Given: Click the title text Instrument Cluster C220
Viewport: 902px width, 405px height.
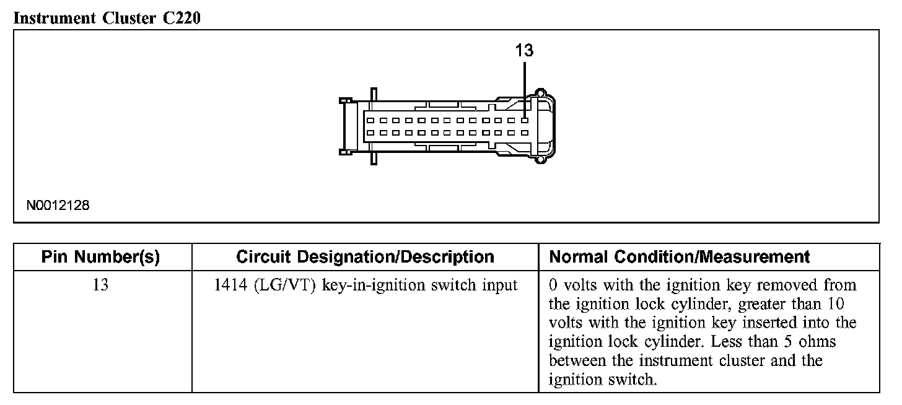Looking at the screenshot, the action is point(107,18).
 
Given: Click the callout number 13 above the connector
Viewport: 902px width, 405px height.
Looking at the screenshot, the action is point(524,51).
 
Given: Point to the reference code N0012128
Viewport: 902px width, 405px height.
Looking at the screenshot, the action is point(58,206).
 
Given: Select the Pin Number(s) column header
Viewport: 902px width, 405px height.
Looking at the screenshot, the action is point(102,257).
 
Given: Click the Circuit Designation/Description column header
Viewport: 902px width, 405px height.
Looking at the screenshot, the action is point(365,257).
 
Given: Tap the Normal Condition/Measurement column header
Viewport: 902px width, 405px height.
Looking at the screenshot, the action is point(680,257).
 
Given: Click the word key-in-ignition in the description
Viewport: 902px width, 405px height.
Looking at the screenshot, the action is point(362,285).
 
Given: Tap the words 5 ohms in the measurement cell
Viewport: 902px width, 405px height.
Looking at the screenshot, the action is point(805,341).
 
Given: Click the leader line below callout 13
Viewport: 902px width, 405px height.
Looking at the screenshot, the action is point(525,87).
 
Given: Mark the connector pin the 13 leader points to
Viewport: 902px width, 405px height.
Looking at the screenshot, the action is point(525,120).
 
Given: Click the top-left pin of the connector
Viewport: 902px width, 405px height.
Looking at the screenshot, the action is point(370,120).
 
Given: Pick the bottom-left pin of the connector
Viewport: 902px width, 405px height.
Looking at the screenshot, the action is point(370,133).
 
